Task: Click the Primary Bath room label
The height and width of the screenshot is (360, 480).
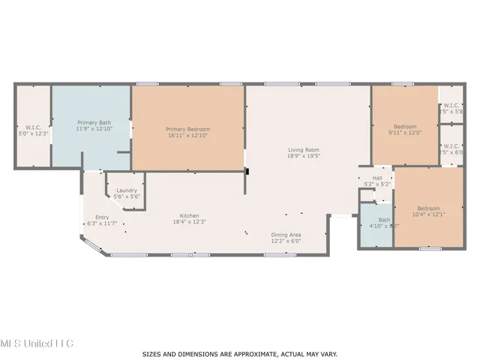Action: pyautogui.click(x=94, y=121)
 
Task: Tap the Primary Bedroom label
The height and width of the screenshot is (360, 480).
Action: pyautogui.click(x=187, y=129)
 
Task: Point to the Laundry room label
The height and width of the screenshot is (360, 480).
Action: pyautogui.click(x=126, y=190)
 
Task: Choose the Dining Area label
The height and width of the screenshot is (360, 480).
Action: pyautogui.click(x=286, y=235)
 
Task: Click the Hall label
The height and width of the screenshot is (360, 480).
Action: pyautogui.click(x=377, y=178)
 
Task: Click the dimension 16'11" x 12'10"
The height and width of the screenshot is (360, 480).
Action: pyautogui.click(x=187, y=136)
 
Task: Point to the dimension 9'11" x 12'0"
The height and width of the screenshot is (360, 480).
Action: pyautogui.click(x=405, y=133)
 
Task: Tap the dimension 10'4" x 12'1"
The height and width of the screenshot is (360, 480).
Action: pyautogui.click(x=429, y=214)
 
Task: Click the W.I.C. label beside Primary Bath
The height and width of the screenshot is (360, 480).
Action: pyautogui.click(x=32, y=127)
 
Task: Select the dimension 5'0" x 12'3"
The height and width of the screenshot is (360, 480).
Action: pyautogui.click(x=32, y=133)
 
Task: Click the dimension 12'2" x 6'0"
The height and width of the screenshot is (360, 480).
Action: pyautogui.click(x=286, y=241)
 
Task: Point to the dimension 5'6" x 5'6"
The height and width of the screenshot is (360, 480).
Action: pyautogui.click(x=126, y=196)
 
